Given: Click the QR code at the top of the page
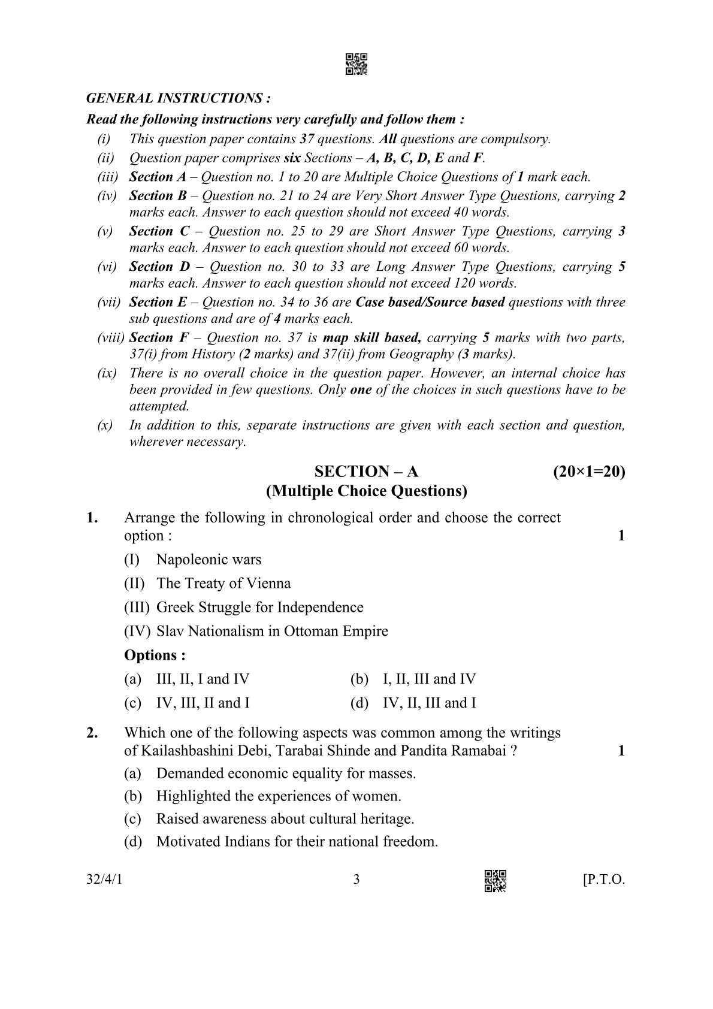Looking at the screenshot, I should click(356, 65).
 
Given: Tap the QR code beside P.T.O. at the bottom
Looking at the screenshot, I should click(495, 881).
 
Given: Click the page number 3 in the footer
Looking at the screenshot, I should click(356, 880).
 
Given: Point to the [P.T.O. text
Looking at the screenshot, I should click(603, 880).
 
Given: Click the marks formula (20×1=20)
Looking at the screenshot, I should click(588, 472).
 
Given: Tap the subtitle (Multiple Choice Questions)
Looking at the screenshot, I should click(366, 491).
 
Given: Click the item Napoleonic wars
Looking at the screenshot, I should click(209, 560).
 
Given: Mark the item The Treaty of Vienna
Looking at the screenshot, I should click(223, 584).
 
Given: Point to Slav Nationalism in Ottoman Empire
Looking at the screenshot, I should click(272, 631).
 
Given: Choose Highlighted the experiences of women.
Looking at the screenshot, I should click(279, 796).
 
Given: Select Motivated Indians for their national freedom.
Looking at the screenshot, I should click(297, 842).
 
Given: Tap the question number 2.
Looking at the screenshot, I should click(92, 733).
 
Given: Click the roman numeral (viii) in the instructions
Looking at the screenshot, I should click(111, 338).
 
